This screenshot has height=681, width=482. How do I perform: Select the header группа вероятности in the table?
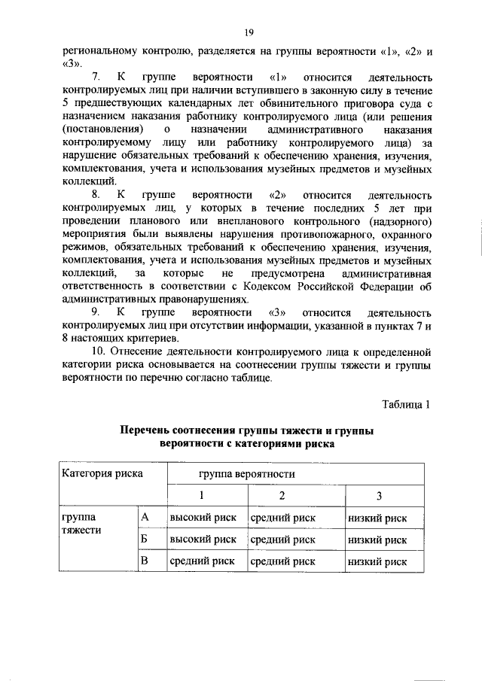[246, 474]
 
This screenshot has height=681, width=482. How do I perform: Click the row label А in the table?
[146, 518]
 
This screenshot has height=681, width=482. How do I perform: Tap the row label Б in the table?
[146, 539]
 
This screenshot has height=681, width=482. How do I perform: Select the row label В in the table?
[146, 561]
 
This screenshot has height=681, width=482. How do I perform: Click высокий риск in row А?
[203, 518]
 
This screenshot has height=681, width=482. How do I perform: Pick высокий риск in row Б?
[203, 539]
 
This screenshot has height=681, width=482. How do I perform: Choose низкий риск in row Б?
[377, 539]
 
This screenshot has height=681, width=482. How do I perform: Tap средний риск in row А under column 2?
[282, 518]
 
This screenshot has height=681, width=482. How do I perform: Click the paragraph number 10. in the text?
[98, 351]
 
